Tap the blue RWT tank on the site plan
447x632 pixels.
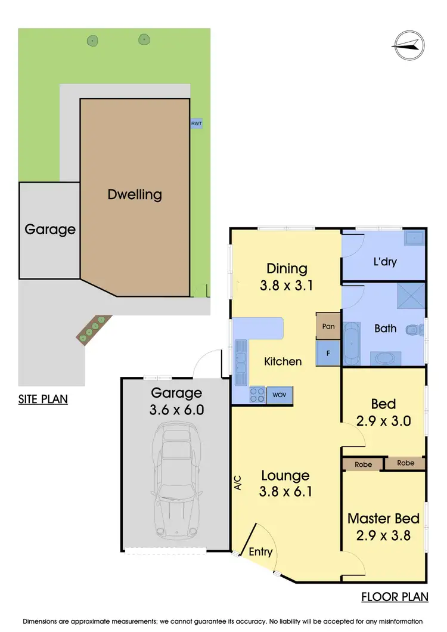point(196,123)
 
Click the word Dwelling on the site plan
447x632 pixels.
point(135,194)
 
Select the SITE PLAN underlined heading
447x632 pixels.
point(43,399)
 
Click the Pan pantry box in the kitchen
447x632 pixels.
point(327,326)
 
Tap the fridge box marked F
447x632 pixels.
point(327,352)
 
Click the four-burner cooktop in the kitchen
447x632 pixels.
point(256,394)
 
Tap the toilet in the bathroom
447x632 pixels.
point(412,330)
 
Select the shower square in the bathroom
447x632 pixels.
point(412,302)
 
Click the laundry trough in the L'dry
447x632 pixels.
point(412,240)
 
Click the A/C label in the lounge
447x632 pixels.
point(238,482)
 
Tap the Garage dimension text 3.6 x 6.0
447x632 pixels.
point(176,410)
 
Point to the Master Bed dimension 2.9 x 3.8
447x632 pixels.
point(383,535)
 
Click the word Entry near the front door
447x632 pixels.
point(260,552)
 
